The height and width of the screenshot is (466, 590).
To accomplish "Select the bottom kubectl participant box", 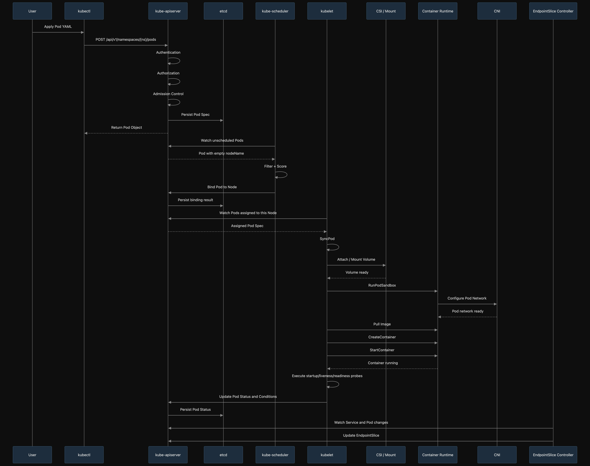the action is click(84, 455).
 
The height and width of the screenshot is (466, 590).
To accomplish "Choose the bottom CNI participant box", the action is click(497, 455).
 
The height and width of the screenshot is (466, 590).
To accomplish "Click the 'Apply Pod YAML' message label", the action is click(58, 27).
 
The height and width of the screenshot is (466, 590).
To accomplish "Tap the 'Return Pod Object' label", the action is click(126, 127).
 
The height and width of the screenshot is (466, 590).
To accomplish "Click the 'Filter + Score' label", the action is click(275, 166).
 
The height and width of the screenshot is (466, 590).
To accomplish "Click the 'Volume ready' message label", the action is click(357, 272).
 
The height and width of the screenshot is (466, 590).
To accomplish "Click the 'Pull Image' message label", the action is click(382, 324).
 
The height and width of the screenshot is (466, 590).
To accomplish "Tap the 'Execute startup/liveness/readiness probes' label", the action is click(327, 376).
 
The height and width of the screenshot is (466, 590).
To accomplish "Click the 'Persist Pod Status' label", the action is click(195, 409).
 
